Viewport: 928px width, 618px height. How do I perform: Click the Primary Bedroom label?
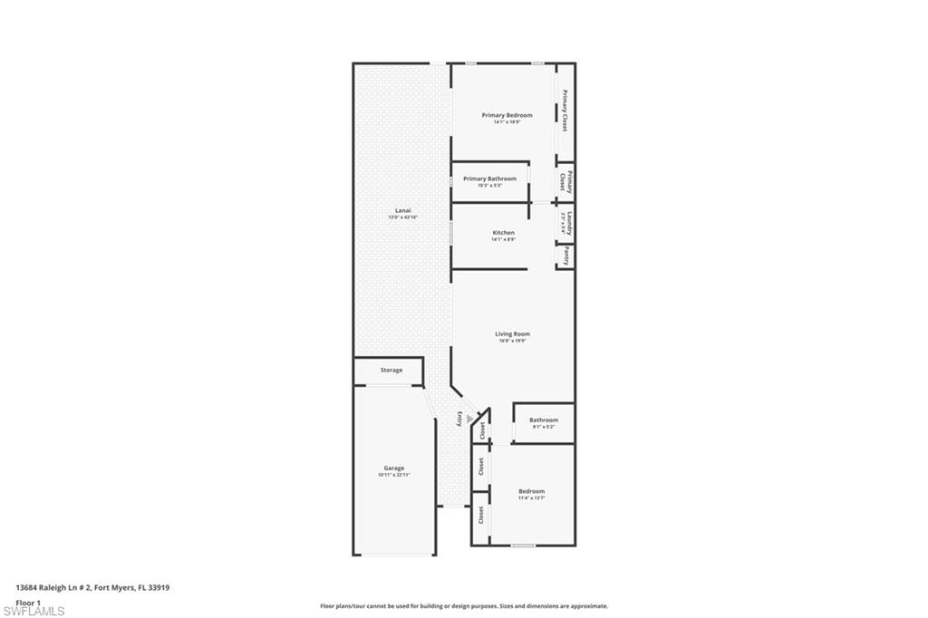pos(507,115)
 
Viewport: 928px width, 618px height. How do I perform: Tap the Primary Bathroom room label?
pos(489,179)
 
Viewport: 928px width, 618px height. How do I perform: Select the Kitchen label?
pos(503,233)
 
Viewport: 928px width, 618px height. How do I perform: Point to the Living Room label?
pos(512,333)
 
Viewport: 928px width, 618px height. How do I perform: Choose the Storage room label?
pos(391,370)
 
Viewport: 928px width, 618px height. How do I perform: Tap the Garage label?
pos(393,468)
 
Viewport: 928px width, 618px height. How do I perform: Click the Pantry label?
pos(566,256)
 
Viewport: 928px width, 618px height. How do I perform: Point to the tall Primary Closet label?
pos(565,111)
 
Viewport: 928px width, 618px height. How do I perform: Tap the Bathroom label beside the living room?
pos(544,420)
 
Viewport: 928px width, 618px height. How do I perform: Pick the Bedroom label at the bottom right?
pos(531,491)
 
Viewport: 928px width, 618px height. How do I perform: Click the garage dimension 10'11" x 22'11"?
pos(394,475)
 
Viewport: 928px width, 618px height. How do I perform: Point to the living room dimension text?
pos(513,341)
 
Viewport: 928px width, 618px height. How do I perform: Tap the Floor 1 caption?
pos(28,602)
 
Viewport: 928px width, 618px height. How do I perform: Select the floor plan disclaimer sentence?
pos(463,606)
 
